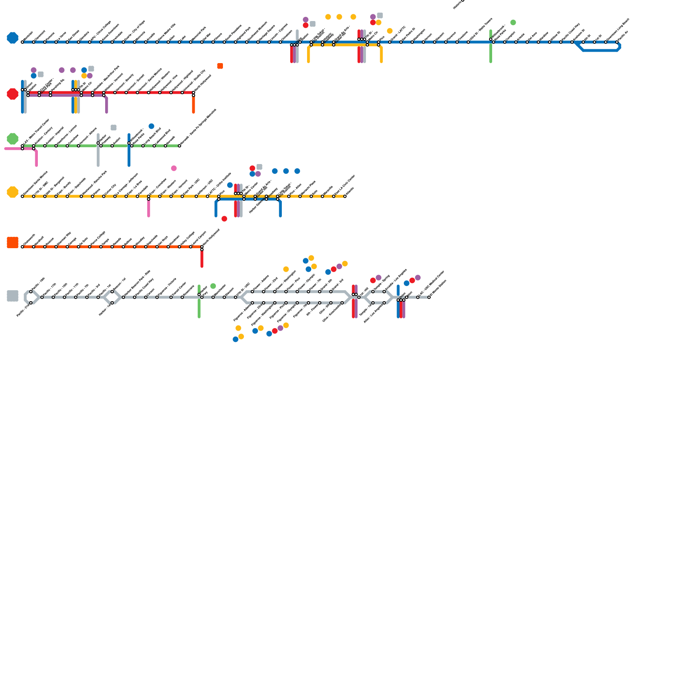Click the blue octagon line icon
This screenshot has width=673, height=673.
pyautogui.click(x=13, y=38)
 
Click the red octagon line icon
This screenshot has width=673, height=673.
pyautogui.click(x=13, y=94)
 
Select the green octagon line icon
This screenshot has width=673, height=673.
pyautogui.click(x=13, y=139)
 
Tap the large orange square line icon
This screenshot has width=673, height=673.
pyautogui.click(x=13, y=243)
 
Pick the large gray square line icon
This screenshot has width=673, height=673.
pyautogui.click(x=13, y=296)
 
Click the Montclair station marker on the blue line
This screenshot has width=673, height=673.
pyautogui.click(x=22, y=42)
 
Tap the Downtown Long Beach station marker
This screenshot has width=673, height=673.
pyautogui.click(x=606, y=42)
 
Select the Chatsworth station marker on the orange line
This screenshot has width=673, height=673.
pyautogui.click(x=22, y=247)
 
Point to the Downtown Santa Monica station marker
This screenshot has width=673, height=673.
pyautogui.click(x=22, y=196)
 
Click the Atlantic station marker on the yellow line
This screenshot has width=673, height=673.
pyautogui.click(x=345, y=196)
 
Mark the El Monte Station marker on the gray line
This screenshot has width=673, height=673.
pyautogui.click(x=429, y=297)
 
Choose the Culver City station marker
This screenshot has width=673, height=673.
pyautogui.click(x=104, y=196)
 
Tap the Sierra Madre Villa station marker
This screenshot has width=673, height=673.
pyautogui.click(x=157, y=42)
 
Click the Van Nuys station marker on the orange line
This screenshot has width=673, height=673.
pyautogui.click(x=157, y=247)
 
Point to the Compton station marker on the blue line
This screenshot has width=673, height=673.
pyautogui.click(x=505, y=42)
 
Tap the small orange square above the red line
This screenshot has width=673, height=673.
pyautogui.click(x=220, y=66)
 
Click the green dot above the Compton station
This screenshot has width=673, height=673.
pyautogui.click(x=513, y=22)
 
